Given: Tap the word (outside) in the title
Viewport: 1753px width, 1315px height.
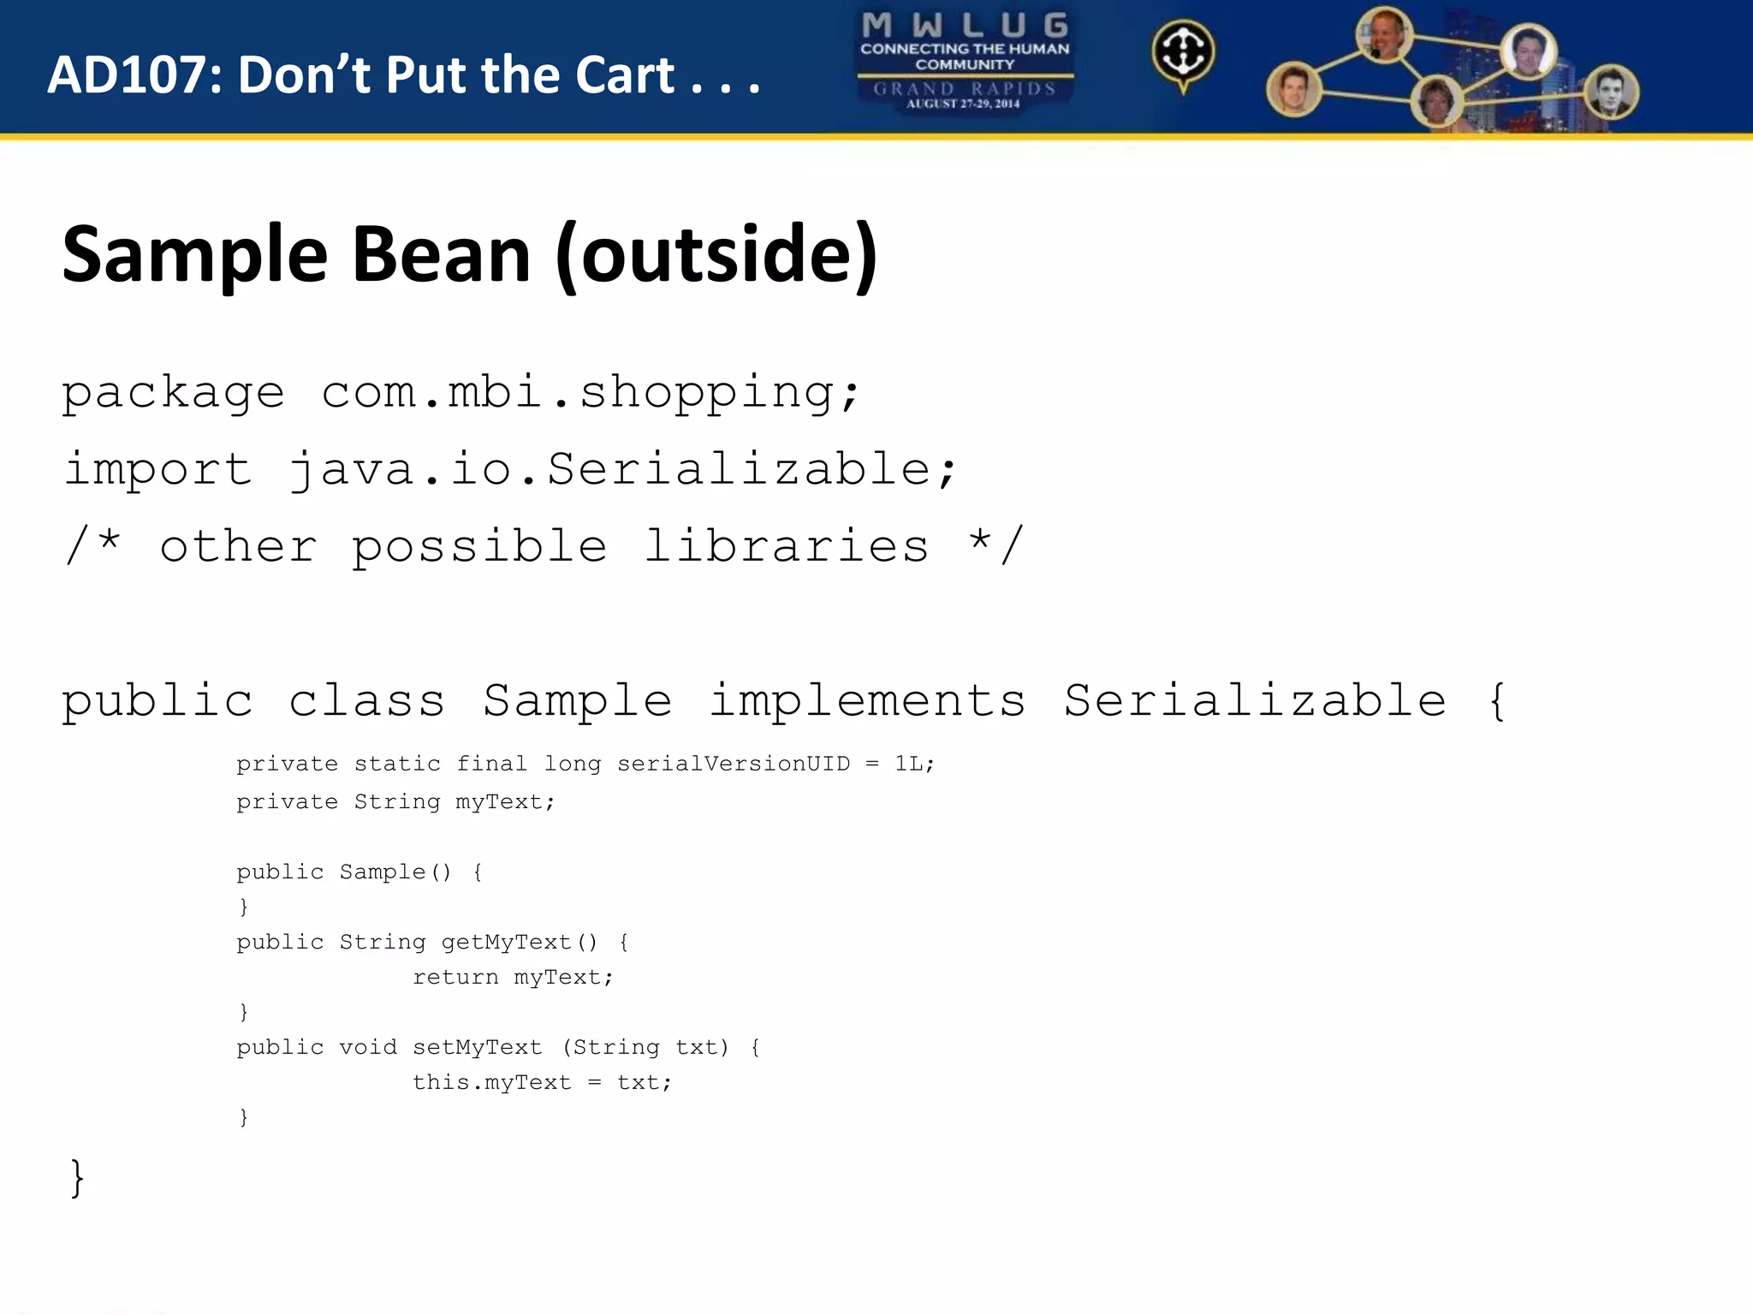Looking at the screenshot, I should [x=716, y=255].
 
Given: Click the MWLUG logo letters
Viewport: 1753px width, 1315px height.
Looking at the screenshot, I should [x=965, y=25].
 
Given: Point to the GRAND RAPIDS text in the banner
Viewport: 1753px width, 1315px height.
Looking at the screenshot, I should [x=965, y=88].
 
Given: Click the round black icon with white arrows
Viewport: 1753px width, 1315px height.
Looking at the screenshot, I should [x=1183, y=52].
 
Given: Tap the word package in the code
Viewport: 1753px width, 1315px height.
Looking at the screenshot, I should [x=173, y=393].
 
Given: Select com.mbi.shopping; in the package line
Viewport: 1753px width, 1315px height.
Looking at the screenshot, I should [x=591, y=393].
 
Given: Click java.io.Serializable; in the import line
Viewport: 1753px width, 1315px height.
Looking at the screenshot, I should [x=622, y=470].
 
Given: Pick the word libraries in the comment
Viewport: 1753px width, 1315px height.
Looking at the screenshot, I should [x=786, y=547].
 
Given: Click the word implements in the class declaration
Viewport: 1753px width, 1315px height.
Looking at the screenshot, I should [x=867, y=701].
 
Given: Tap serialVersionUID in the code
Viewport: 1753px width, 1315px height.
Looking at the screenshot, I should [x=734, y=764].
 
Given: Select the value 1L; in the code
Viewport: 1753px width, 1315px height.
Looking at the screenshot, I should [x=914, y=764].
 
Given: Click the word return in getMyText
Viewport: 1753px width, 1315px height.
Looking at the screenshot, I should [x=455, y=978].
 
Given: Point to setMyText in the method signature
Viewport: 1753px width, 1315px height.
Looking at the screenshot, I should [x=477, y=1048].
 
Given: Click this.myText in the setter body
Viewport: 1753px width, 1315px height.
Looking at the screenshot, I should [x=491, y=1083].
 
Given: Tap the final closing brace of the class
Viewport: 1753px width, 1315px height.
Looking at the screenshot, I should [x=77, y=1178].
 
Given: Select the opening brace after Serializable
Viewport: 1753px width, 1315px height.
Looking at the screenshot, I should [x=1496, y=701].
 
